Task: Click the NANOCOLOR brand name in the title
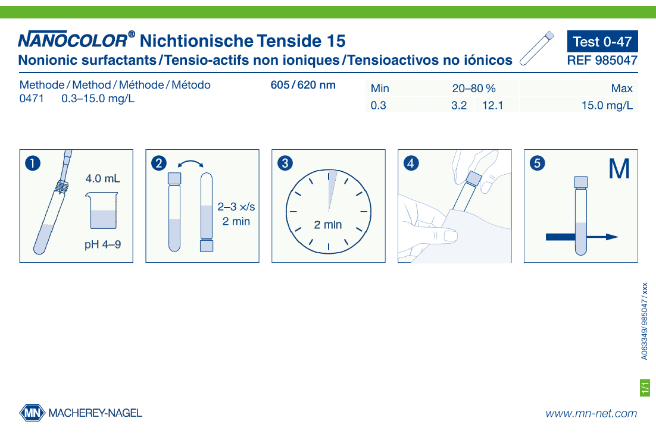point(73,41)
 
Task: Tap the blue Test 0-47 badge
point(602,42)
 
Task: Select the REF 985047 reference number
point(602,60)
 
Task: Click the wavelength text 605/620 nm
point(303,84)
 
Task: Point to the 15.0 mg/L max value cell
point(607,106)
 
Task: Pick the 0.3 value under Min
point(379,106)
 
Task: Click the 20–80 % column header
point(474,89)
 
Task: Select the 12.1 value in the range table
point(492,106)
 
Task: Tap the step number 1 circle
point(33,162)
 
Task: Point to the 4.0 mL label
point(102,178)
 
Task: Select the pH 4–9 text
point(102,244)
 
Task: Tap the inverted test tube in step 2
point(206,211)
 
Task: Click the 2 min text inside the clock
point(328,225)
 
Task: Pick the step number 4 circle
point(411,162)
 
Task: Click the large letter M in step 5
point(619,169)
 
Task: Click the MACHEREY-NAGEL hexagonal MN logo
point(32,413)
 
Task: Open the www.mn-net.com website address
point(591,413)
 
